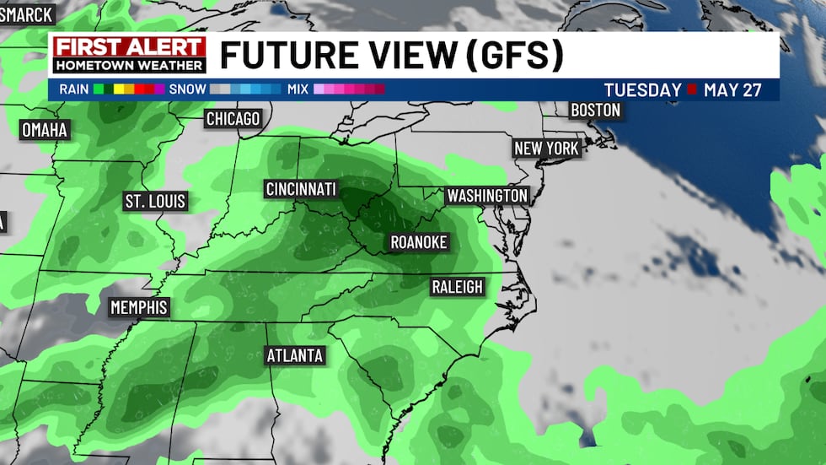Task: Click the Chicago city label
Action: click(x=233, y=119)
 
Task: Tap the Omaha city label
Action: click(x=44, y=130)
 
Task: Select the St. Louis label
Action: click(x=155, y=202)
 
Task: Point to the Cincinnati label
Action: click(x=301, y=189)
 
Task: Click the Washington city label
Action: click(x=487, y=196)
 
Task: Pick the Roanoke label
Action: click(x=418, y=243)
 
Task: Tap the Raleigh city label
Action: click(x=457, y=287)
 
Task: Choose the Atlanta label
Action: click(x=295, y=355)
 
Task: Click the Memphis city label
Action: click(x=139, y=307)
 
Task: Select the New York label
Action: click(x=546, y=149)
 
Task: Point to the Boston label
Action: click(x=595, y=111)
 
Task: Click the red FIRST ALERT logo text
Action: click(x=129, y=47)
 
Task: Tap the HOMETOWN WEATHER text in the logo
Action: click(x=129, y=65)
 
